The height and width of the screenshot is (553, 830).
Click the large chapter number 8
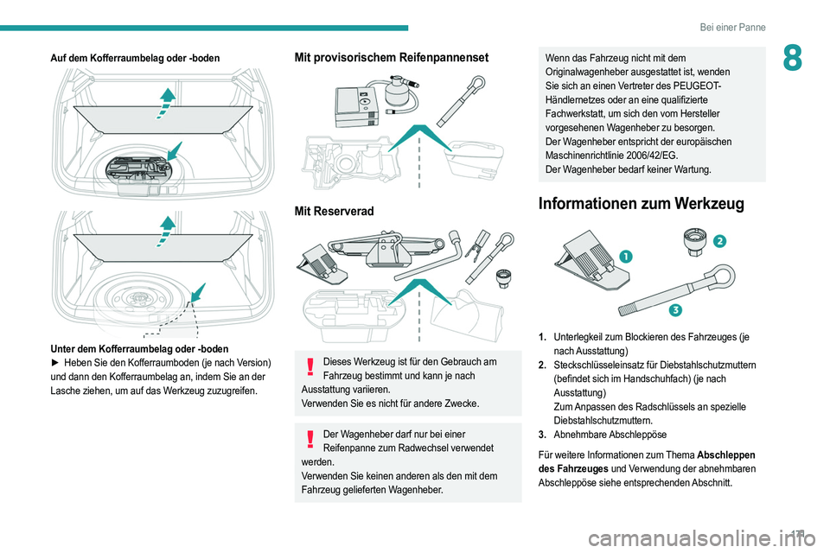tap(792, 58)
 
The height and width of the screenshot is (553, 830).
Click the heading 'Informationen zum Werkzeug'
tap(641, 204)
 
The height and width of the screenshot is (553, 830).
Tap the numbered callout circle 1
tap(625, 257)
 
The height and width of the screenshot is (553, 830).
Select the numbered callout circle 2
tap(719, 241)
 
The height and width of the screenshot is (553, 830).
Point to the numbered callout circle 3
tap(674, 310)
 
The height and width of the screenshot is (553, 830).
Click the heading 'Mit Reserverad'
tap(334, 211)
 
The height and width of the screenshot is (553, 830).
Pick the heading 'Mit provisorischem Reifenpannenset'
tap(392, 57)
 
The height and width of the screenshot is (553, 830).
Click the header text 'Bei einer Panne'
tap(732, 27)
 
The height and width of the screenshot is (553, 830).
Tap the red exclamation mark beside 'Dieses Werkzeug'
tap(310, 366)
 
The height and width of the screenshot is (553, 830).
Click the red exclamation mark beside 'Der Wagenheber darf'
tap(310, 439)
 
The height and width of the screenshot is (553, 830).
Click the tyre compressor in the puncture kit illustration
tap(357, 107)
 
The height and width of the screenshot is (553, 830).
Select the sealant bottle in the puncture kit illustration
tap(400, 90)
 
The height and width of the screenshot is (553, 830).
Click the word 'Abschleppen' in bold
tap(726, 455)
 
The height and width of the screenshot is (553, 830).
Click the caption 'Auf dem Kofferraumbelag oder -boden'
tap(135, 58)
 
